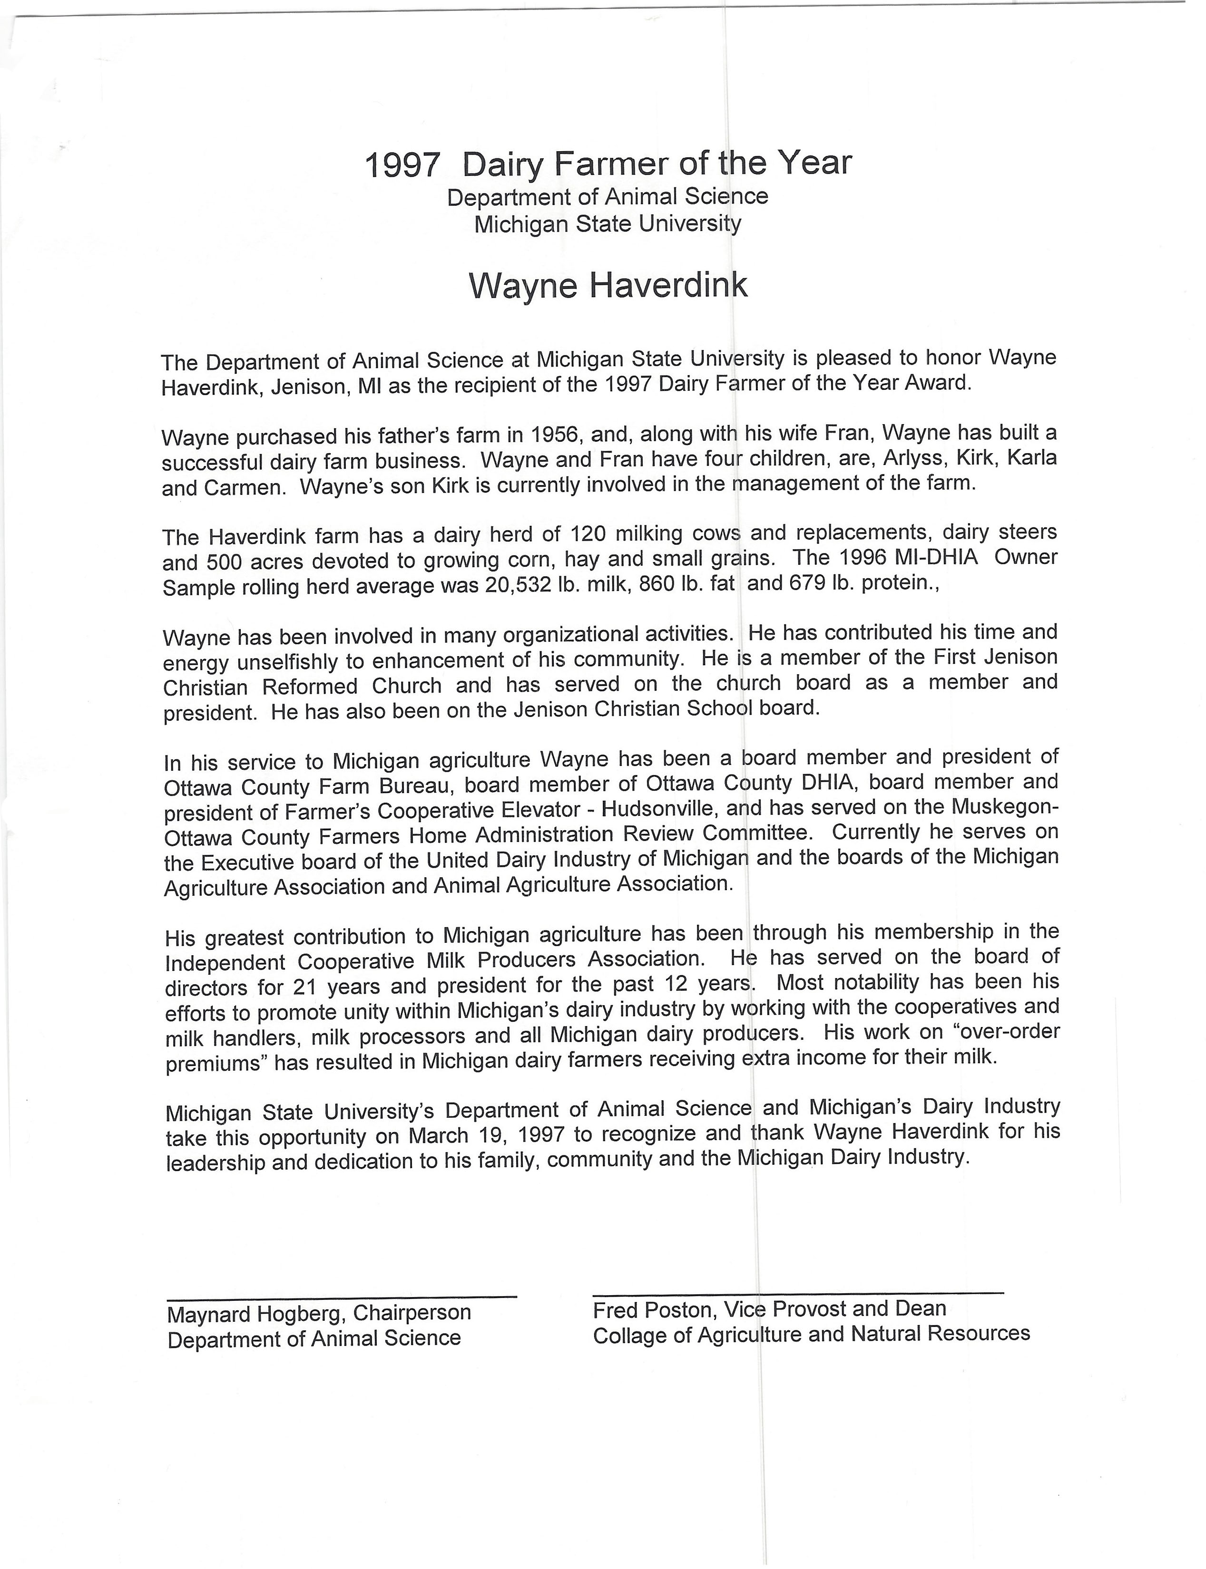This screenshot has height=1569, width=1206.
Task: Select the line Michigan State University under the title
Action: coord(608,224)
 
